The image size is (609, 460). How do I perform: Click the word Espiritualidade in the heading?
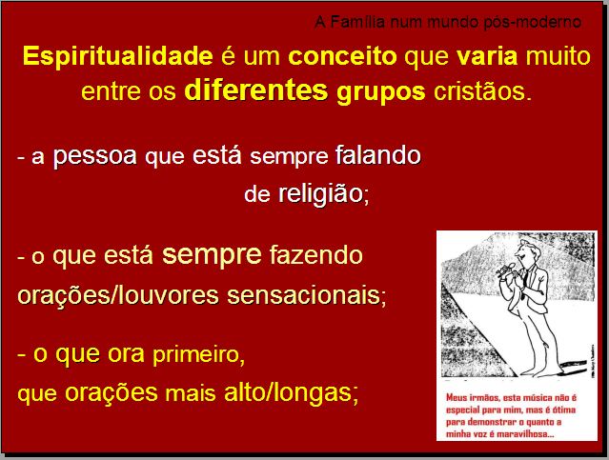pos(117,57)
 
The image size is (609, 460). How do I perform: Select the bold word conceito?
pos(342,57)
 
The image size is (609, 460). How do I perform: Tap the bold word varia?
pos(487,57)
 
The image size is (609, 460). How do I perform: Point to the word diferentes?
pos(256,90)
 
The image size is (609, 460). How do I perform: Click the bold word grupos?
pos(381,93)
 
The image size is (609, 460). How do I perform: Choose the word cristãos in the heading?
pos(482,91)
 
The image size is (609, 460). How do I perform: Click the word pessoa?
pos(94,155)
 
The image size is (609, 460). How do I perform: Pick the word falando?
pos(378,154)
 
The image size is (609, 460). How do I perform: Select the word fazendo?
pos(315,255)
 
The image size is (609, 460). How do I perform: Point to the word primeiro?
pos(198,355)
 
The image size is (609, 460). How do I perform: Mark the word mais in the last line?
pos(191,393)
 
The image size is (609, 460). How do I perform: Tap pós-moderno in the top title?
pos(532,23)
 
